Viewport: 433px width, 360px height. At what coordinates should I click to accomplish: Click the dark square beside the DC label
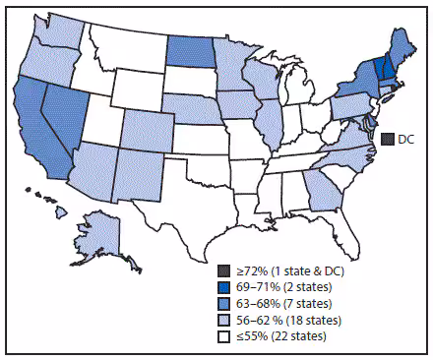(x=388, y=139)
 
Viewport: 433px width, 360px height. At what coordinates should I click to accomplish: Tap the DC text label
(x=404, y=139)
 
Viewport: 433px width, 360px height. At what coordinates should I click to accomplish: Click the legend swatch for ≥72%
(x=224, y=270)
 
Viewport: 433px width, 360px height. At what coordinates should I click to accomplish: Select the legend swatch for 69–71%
(x=224, y=285)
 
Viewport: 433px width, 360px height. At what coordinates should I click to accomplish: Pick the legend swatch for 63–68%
(x=224, y=300)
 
